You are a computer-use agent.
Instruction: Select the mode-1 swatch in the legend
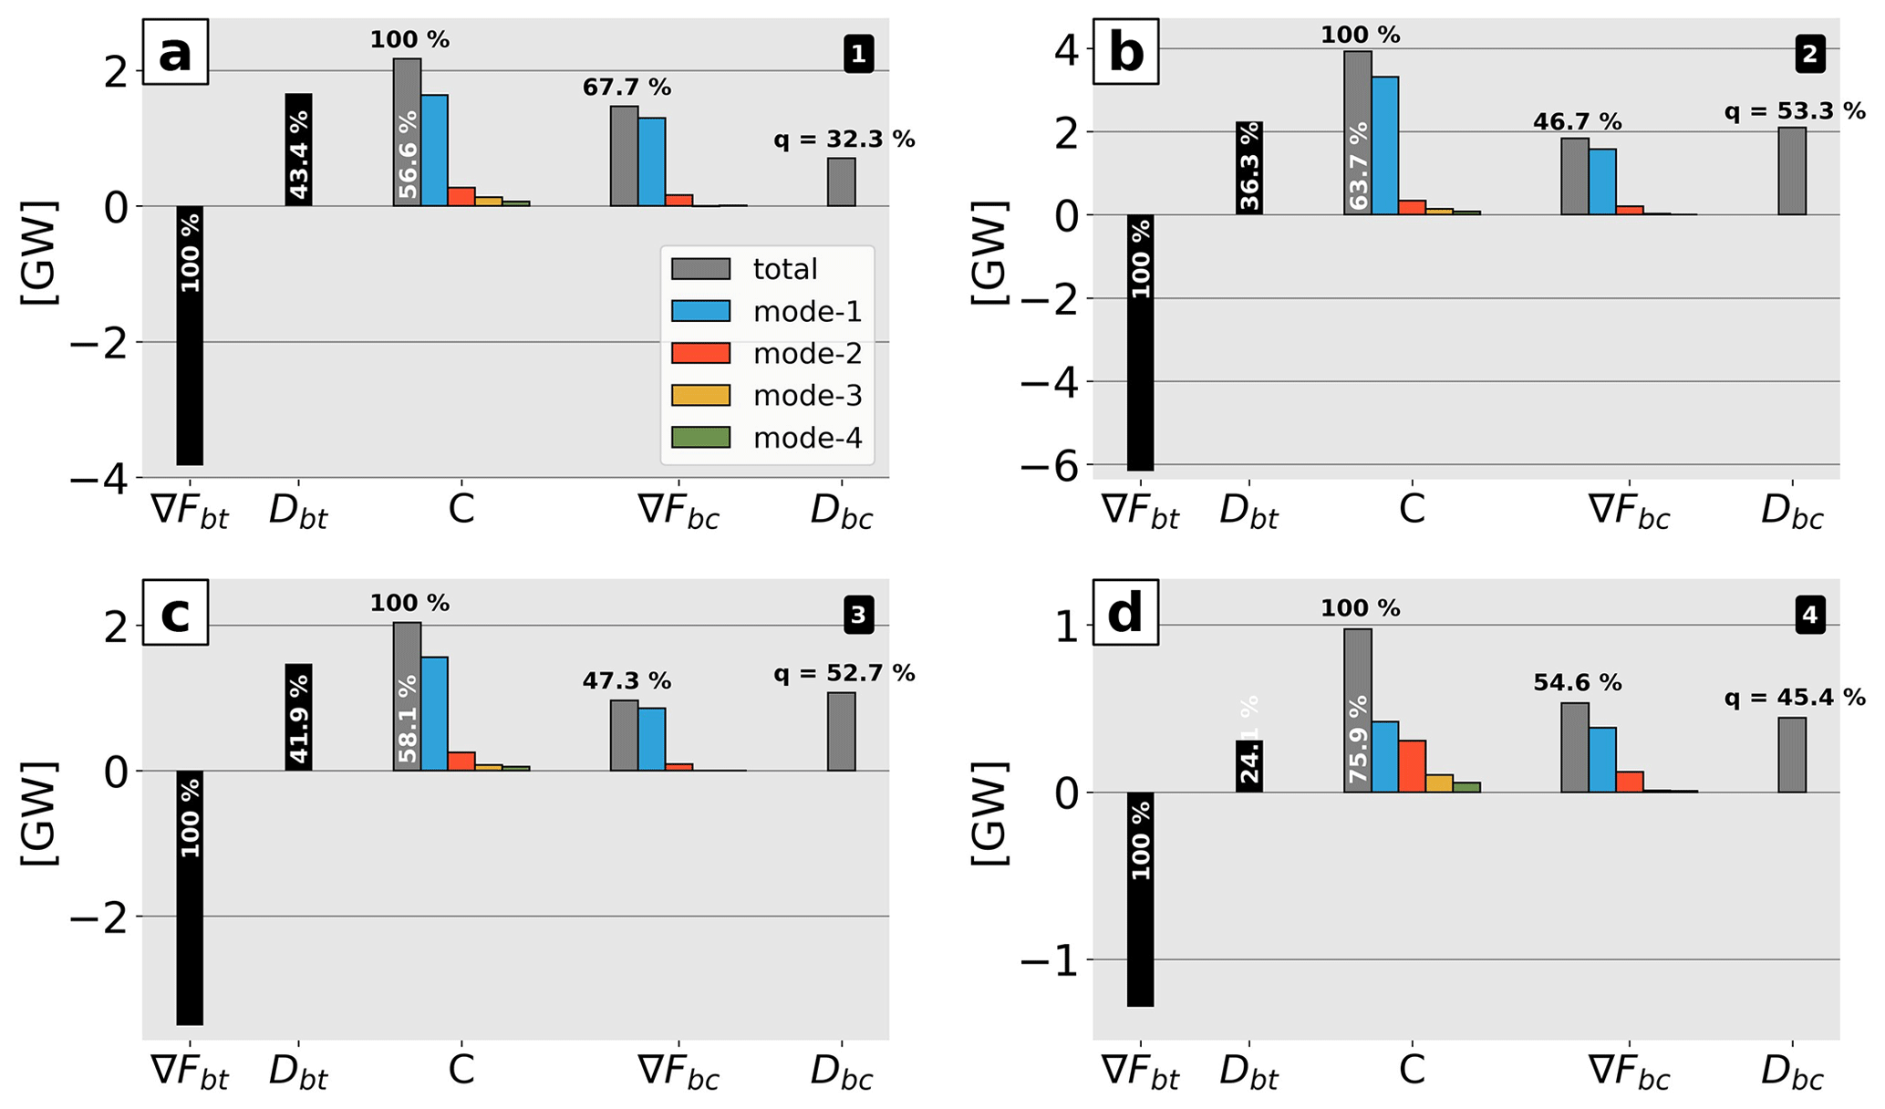click(x=700, y=311)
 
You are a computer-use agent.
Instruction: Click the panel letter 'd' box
click(x=1125, y=613)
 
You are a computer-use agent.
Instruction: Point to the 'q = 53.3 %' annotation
click(x=1795, y=112)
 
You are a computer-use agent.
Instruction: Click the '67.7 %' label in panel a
click(x=627, y=88)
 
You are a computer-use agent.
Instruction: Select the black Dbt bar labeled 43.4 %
click(x=299, y=150)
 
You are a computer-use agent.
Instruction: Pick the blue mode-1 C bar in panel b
click(x=1384, y=146)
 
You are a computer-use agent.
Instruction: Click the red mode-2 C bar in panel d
click(x=1412, y=766)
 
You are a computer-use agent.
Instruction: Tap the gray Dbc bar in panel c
click(x=842, y=731)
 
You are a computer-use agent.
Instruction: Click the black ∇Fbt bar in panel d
click(x=1140, y=898)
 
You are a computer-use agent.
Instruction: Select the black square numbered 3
click(x=858, y=616)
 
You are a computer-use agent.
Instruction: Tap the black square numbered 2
click(x=1809, y=56)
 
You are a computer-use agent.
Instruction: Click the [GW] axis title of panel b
click(x=989, y=254)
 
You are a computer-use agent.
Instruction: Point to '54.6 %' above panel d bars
click(x=1577, y=683)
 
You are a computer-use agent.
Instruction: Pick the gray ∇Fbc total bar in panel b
click(x=1575, y=176)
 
